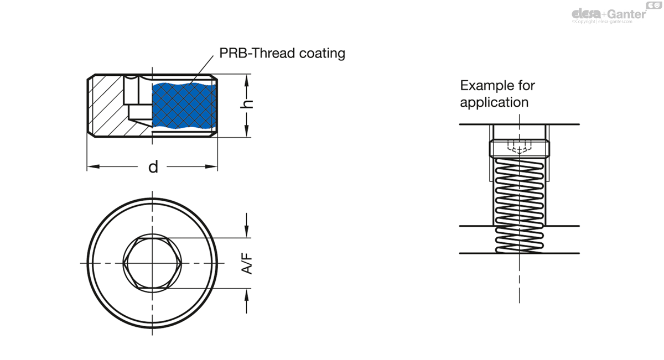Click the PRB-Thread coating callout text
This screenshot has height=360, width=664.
pyautogui.click(x=282, y=53)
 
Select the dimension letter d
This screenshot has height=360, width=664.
pyautogui.click(x=153, y=166)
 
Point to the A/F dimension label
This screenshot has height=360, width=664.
pyautogui.click(x=247, y=263)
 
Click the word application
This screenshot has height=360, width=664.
pyautogui.click(x=494, y=102)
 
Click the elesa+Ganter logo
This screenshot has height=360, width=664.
pyautogui.click(x=608, y=13)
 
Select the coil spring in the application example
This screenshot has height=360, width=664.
pyautogui.click(x=519, y=205)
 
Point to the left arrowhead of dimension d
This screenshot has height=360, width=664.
pyautogui.click(x=91, y=166)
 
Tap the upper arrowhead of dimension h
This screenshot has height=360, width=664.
pyautogui.click(x=246, y=79)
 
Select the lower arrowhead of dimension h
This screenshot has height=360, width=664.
pyautogui.click(x=246, y=133)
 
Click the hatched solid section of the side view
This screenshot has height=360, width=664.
pyautogui.click(x=108, y=105)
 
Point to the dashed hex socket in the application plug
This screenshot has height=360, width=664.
pyautogui.click(x=519, y=147)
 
